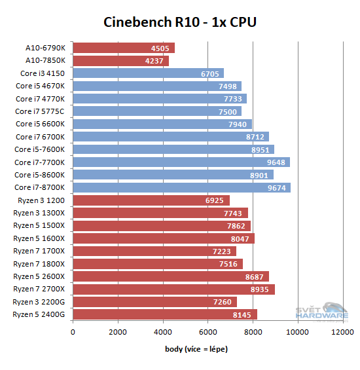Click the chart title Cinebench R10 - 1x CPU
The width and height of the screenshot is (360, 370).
(x=180, y=22)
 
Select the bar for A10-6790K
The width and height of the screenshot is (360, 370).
(x=124, y=48)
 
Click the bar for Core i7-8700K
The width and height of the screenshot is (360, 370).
(x=181, y=187)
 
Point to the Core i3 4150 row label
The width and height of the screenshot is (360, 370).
(x=43, y=73)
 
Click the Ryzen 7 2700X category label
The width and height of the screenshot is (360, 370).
(x=39, y=289)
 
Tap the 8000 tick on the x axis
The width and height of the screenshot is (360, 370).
(x=253, y=332)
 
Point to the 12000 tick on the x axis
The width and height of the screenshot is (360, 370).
(x=343, y=332)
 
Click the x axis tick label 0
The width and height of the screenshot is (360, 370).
(x=73, y=332)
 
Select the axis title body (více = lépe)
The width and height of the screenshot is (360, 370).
(x=196, y=349)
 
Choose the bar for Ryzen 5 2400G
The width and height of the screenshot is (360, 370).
(x=164, y=314)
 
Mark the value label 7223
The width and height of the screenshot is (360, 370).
(x=223, y=251)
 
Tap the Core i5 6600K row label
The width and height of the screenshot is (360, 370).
(x=40, y=124)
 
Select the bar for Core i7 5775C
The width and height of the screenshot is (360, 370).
(x=157, y=111)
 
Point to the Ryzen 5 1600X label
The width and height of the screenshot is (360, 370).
(x=39, y=238)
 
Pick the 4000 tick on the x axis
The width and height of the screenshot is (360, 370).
(x=163, y=332)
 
